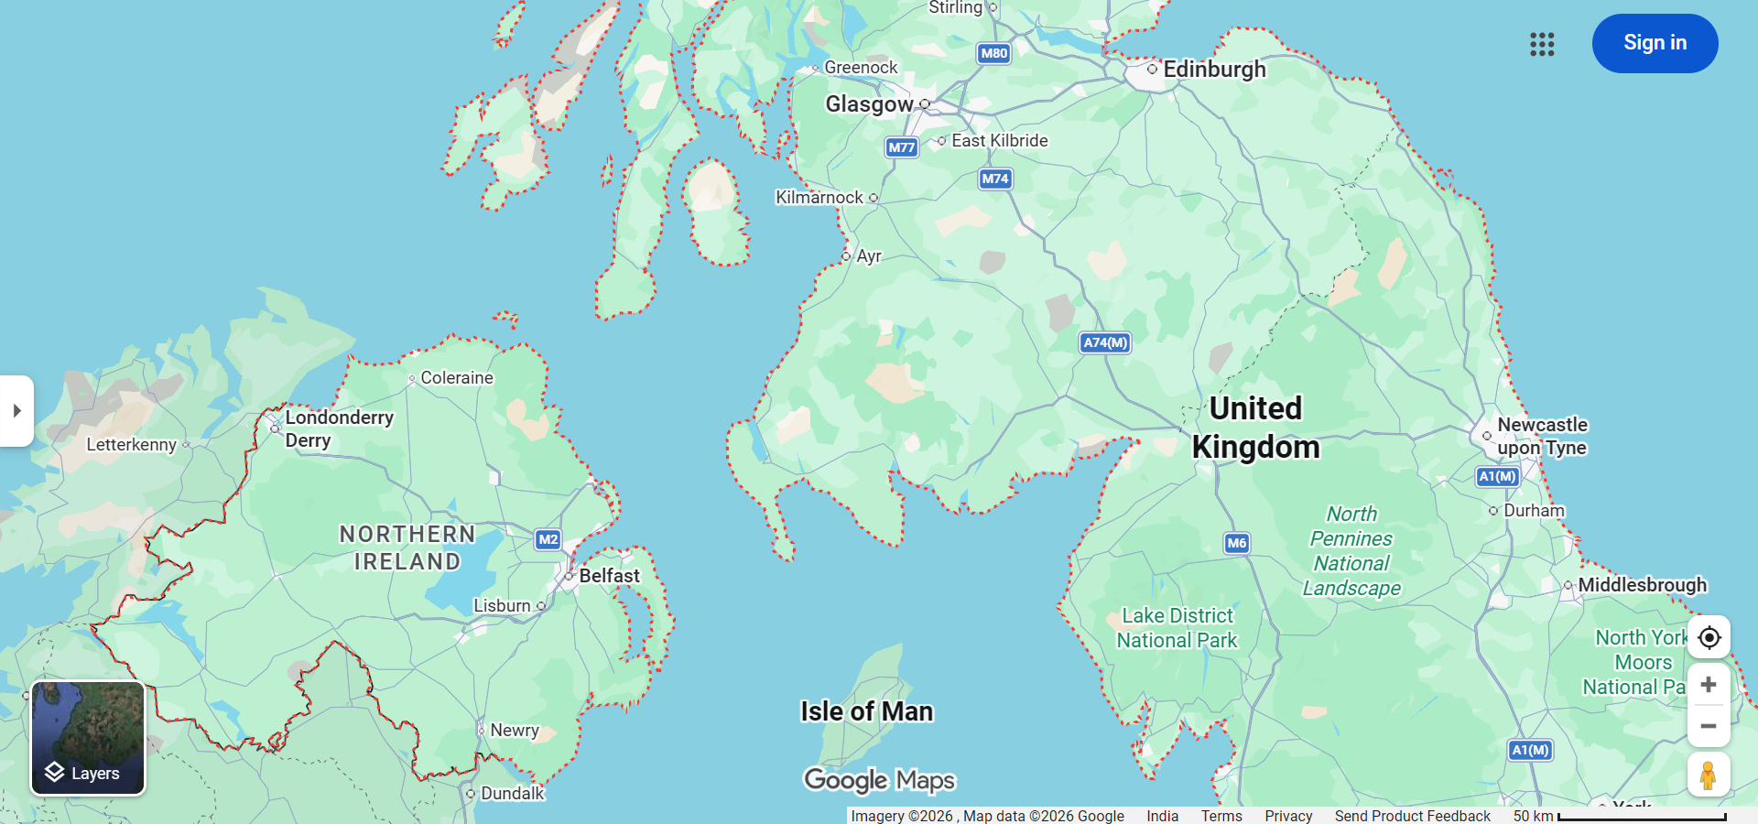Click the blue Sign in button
pos(1655,43)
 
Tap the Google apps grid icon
pos(1542,44)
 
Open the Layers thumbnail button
pos(88,738)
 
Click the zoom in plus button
pos(1709,685)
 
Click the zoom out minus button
pos(1709,726)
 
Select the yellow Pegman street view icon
pos(1709,775)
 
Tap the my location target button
pos(1709,637)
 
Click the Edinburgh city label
pos(1213,70)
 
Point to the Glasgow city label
pos(869,104)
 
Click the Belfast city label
pos(609,576)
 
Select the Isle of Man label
pos(866,711)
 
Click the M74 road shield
pos(995,179)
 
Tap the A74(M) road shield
pos(1105,342)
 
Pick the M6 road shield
pos(1236,543)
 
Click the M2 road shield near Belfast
pos(548,539)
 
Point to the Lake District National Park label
pos(1177,628)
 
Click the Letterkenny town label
pos(131,445)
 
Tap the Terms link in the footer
pos(1221,816)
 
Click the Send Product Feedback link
pos(1412,816)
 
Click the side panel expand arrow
pos(16,411)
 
